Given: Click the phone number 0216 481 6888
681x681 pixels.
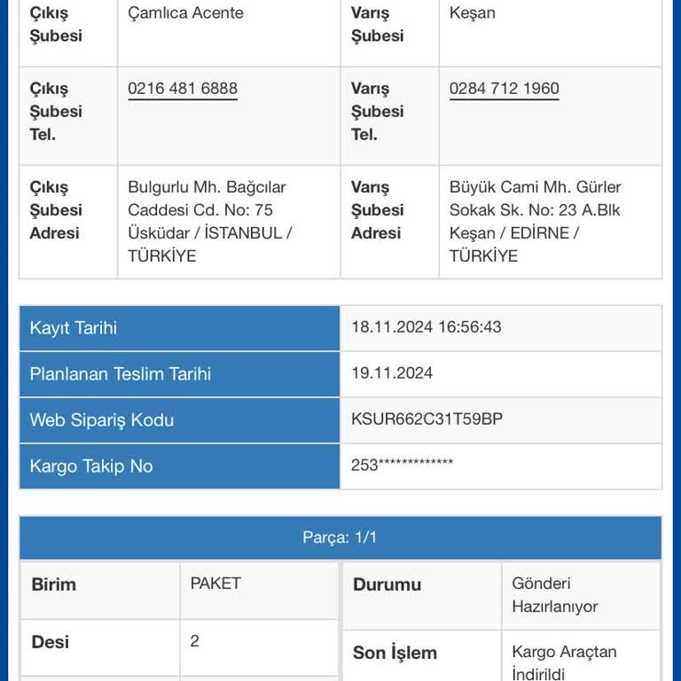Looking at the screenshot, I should click(183, 89).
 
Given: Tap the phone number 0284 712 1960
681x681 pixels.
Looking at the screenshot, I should click(504, 89).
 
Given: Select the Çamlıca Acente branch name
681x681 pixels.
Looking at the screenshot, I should click(185, 13).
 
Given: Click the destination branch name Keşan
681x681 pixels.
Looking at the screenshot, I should click(473, 13).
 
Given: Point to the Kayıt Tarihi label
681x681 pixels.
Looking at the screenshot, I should click(74, 328).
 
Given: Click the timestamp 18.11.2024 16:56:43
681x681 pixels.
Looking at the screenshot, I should click(426, 327).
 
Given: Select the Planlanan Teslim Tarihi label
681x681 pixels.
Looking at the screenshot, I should click(121, 374).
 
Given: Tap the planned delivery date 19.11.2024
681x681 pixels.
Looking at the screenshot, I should click(392, 373).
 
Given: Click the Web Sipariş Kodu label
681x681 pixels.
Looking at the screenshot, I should click(102, 420).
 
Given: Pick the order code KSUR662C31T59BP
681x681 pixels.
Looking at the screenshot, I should click(427, 419).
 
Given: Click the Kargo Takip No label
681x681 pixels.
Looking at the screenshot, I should click(91, 466).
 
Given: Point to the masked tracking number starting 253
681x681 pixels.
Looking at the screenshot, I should click(402, 465).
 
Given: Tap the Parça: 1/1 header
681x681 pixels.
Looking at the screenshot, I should click(340, 538).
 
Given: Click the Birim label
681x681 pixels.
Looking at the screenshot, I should click(54, 585).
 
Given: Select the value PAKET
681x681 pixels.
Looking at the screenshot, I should click(215, 583).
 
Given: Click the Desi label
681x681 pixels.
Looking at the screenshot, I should click(51, 642).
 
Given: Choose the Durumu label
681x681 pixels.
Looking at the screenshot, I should click(387, 585).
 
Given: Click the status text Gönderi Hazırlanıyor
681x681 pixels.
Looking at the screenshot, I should click(555, 595).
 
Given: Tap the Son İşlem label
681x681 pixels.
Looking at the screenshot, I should click(395, 654).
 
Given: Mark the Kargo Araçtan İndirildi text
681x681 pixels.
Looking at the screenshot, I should click(564, 662).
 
